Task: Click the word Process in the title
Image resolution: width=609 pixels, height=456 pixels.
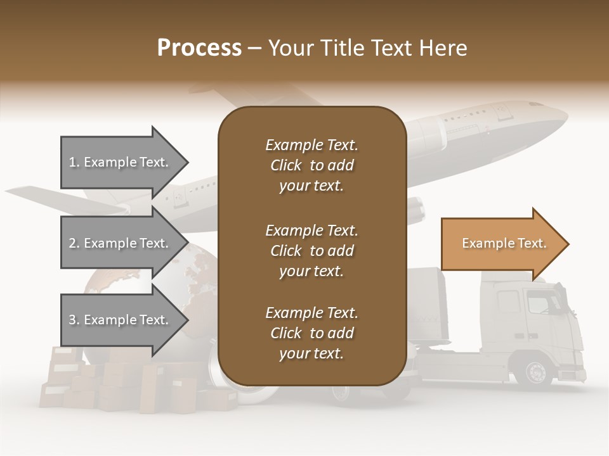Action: click(x=199, y=48)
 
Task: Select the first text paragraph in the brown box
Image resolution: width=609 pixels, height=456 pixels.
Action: click(x=311, y=165)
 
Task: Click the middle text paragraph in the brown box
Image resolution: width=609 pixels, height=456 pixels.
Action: click(x=311, y=250)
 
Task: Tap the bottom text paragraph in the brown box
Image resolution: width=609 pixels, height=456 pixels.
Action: click(x=311, y=333)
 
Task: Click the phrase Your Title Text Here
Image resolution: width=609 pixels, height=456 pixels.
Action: click(x=368, y=48)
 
